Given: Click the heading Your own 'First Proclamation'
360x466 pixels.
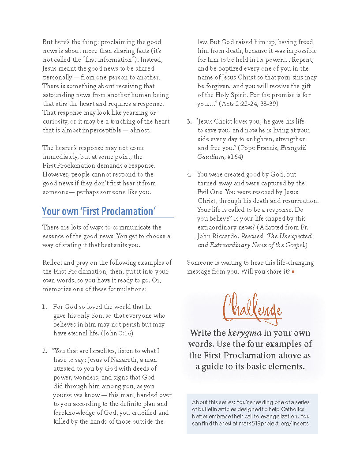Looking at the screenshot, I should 99,211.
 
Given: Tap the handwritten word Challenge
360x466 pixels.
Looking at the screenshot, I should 252,307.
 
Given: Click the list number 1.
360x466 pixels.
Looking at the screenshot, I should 45,307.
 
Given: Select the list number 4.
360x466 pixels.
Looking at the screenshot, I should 189,174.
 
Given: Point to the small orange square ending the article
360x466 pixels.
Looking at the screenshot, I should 293,272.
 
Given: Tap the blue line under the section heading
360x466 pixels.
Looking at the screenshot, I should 108,218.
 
